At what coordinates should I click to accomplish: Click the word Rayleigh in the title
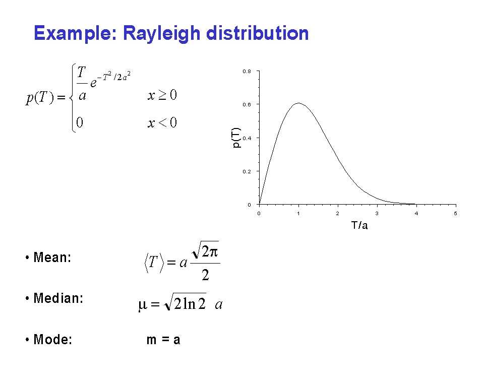[x=162, y=33]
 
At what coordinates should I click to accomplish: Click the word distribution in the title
[x=258, y=33]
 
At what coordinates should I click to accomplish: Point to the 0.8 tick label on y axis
[x=247, y=71]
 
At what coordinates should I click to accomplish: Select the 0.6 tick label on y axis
[x=247, y=105]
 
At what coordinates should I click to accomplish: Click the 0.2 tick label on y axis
[x=247, y=172]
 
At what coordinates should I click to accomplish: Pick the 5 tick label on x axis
[x=456, y=213]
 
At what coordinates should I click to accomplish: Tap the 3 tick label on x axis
[x=377, y=213]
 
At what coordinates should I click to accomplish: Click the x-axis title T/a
[x=359, y=225]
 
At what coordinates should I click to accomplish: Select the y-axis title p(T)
[x=236, y=138]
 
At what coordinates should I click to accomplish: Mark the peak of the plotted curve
[x=298, y=103]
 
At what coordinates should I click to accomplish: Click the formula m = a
[x=163, y=340]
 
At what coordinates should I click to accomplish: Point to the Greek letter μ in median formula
[x=143, y=305]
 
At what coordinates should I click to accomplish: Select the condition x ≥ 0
[x=162, y=95]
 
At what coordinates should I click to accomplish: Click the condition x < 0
[x=162, y=122]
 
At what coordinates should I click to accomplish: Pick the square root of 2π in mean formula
[x=205, y=250]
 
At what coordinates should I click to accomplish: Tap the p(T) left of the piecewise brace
[x=40, y=98]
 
